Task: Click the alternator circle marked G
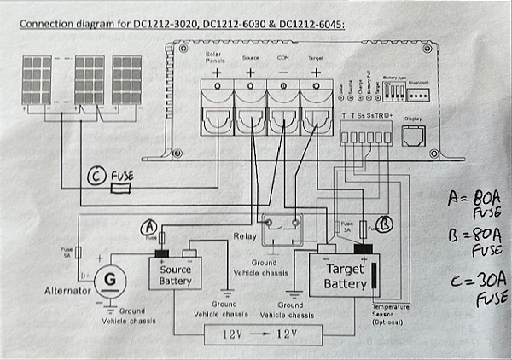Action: pyautogui.click(x=108, y=279)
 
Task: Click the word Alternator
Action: pyautogui.click(x=69, y=291)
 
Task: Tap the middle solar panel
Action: pyautogui.click(x=90, y=82)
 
